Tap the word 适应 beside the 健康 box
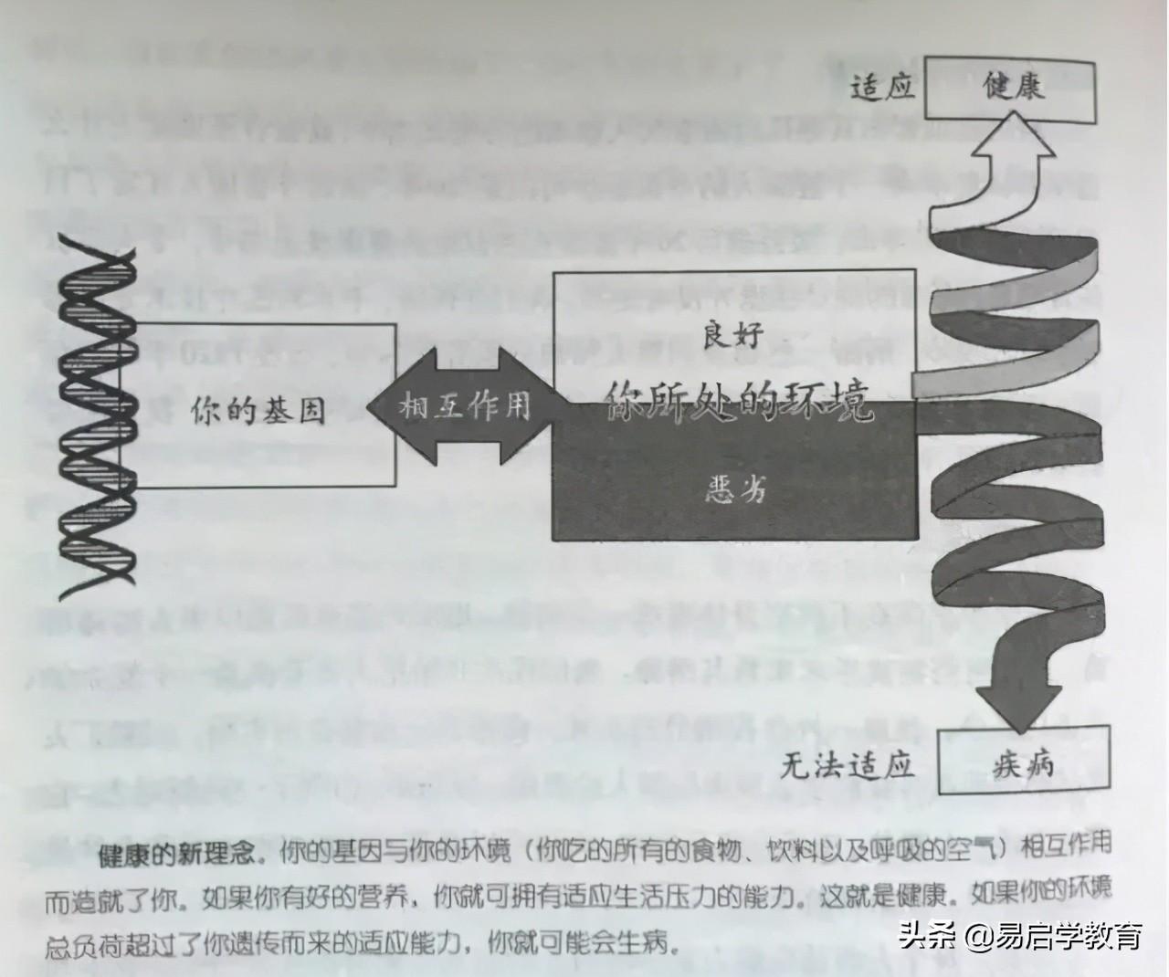click(881, 89)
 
